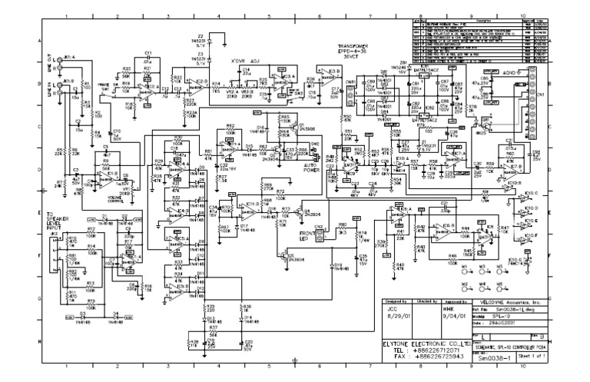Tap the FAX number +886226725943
click(x=436, y=357)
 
